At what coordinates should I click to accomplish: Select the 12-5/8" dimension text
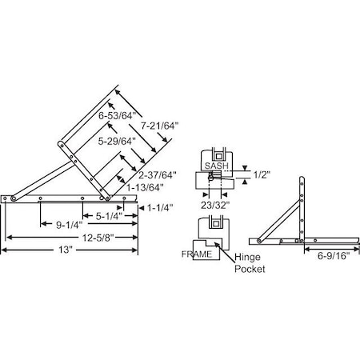[74, 237]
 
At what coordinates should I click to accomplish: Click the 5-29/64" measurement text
[117, 141]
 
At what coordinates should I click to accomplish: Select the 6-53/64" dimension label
[117, 117]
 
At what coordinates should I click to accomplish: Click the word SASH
[216, 166]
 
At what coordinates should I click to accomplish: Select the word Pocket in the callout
[249, 270]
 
